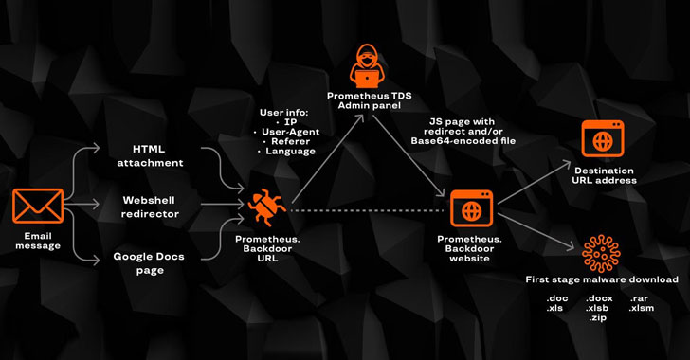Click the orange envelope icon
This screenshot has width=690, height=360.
point(38,206)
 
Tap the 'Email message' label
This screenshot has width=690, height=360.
point(38,241)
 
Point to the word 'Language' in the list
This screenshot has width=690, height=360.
point(290,151)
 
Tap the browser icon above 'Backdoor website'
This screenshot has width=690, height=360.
point(470,207)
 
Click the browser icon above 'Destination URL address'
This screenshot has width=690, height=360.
point(604,141)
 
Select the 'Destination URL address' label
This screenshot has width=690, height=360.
point(605,175)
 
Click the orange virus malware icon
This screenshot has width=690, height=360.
point(601,252)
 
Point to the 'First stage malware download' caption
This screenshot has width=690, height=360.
point(602,280)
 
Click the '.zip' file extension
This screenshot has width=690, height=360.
point(596,318)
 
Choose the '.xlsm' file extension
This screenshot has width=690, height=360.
point(641,308)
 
